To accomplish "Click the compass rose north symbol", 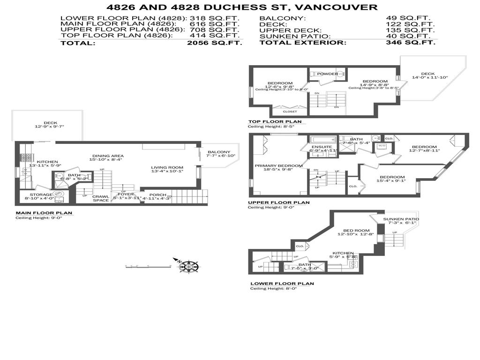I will [x=188, y=266].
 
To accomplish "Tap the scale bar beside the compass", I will [x=147, y=266].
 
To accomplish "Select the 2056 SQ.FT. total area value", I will [x=214, y=43].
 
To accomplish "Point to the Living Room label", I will [x=167, y=167].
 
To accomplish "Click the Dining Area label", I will [x=107, y=156].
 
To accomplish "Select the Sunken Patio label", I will [x=401, y=219].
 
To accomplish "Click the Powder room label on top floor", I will [x=327, y=74].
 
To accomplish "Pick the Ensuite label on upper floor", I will [x=322, y=147].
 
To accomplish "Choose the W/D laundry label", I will [x=381, y=146].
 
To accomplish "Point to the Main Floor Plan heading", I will [x=44, y=212].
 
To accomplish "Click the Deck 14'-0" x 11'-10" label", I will [x=427, y=74].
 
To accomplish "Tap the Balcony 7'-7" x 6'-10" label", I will [x=218, y=152].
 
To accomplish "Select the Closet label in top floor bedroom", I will [x=290, y=112].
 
